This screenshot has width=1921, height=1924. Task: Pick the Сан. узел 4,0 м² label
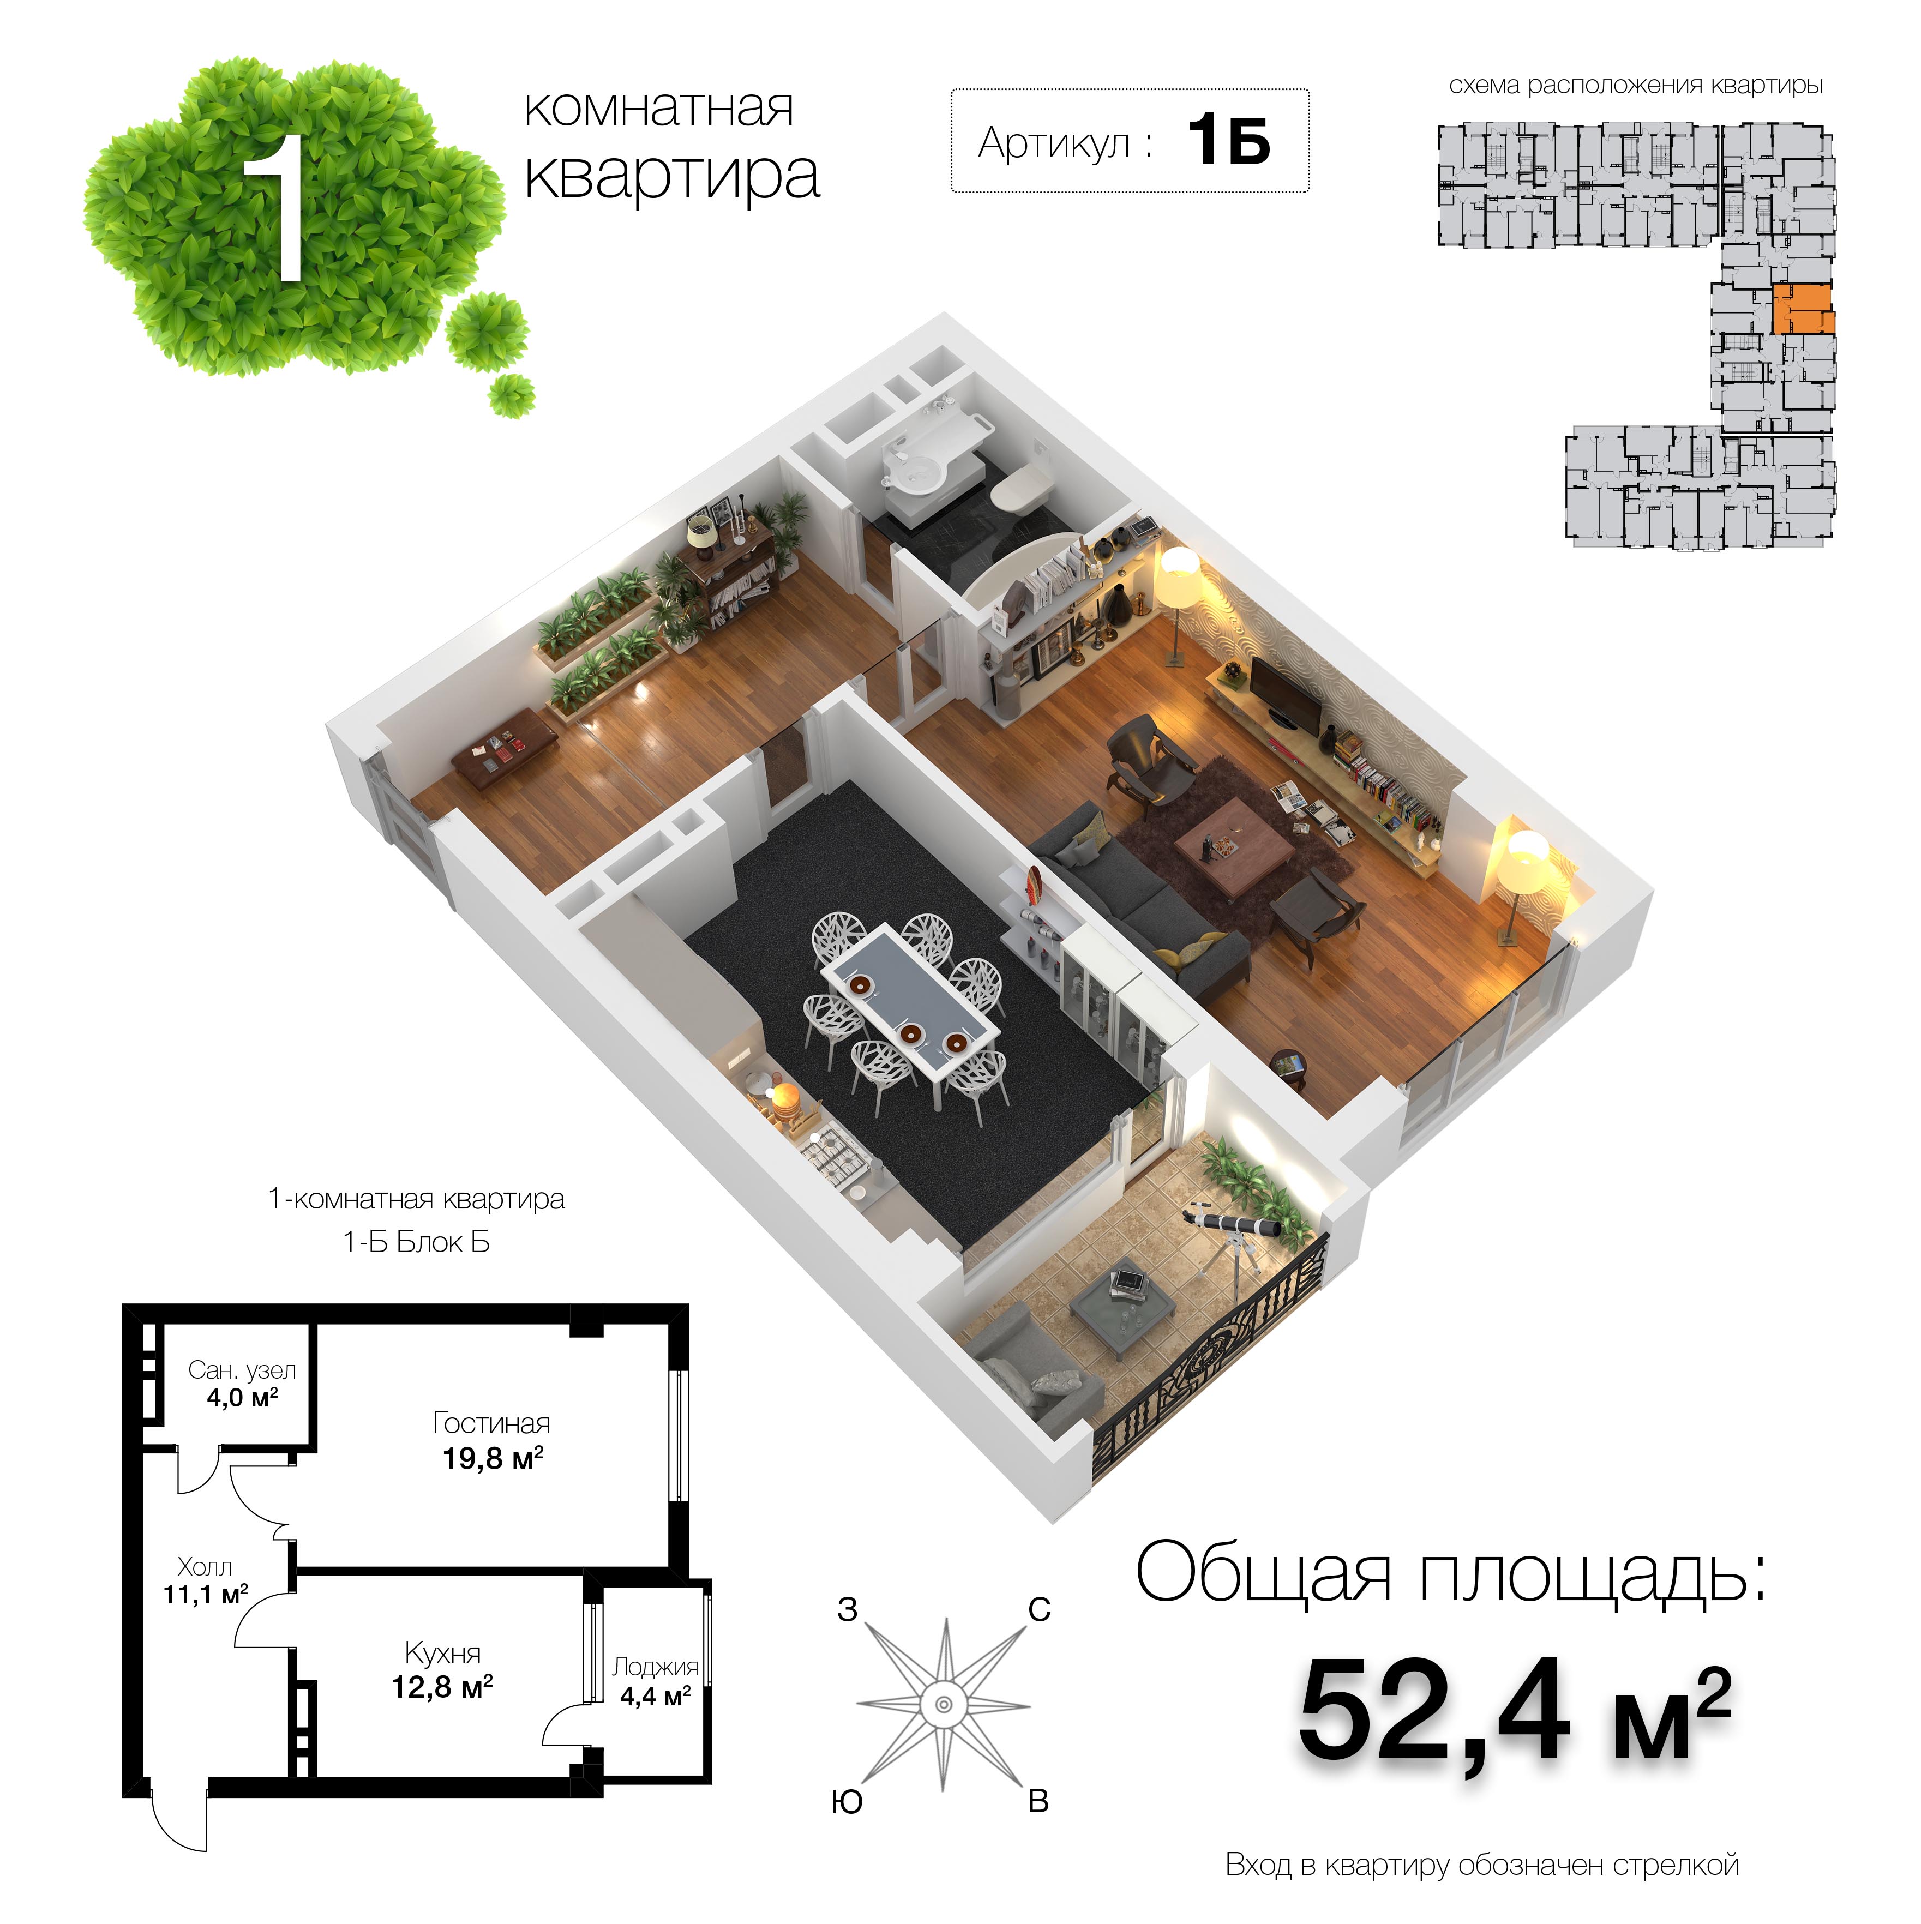click(242, 1383)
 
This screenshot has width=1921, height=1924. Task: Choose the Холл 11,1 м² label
click(205, 1582)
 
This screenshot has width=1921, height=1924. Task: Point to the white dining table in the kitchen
click(908, 999)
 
